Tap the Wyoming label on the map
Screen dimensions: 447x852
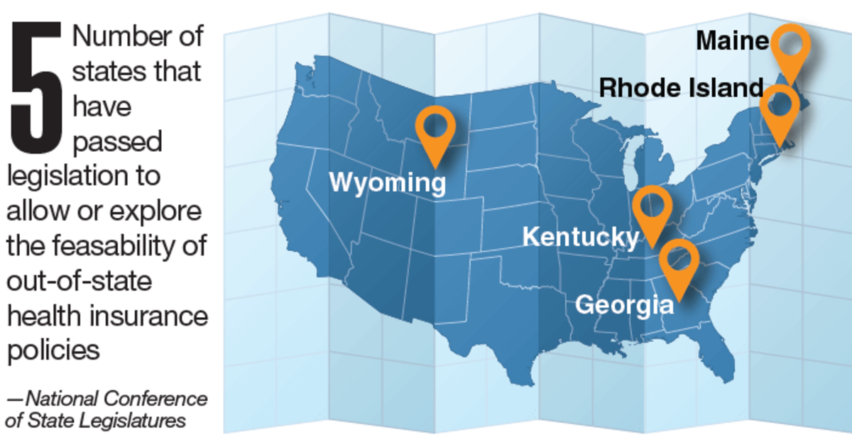(387, 183)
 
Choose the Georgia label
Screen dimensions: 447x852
(624, 305)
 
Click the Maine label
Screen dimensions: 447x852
(732, 41)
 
